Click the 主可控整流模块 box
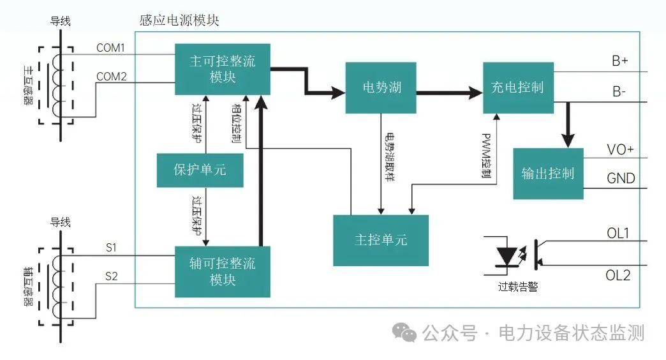point(223,69)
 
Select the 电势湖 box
point(381,87)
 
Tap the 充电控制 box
point(517,87)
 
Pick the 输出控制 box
point(547,174)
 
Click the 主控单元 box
point(381,240)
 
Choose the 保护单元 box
point(200,170)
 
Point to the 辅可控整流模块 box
point(223,271)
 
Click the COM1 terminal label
point(111,48)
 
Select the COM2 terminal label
point(111,77)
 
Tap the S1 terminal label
point(111,247)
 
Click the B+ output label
point(619,61)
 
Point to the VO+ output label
point(620,150)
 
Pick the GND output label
point(621,178)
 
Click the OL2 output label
point(618,275)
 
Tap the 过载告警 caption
point(517,287)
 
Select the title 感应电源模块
point(179,20)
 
